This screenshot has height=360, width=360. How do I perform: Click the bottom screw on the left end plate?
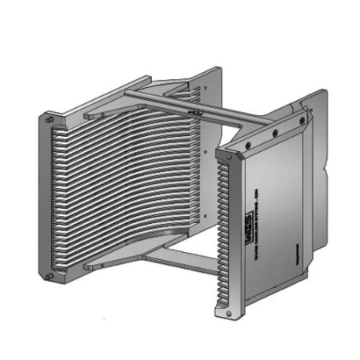tap(49, 277)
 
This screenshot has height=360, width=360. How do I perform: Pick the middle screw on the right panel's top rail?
tap(274, 134)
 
